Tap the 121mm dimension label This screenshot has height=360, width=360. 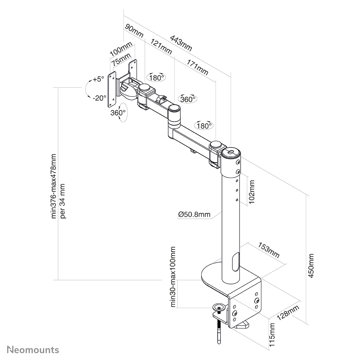[161, 46]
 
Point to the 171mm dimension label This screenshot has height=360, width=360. [197, 67]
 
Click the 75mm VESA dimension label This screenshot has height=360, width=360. [120, 60]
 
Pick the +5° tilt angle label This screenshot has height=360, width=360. [98, 79]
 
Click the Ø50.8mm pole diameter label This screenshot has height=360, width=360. [194, 214]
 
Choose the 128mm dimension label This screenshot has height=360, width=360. [287, 314]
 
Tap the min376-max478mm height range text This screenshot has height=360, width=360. [54, 186]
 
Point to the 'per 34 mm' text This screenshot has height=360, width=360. [63, 201]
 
